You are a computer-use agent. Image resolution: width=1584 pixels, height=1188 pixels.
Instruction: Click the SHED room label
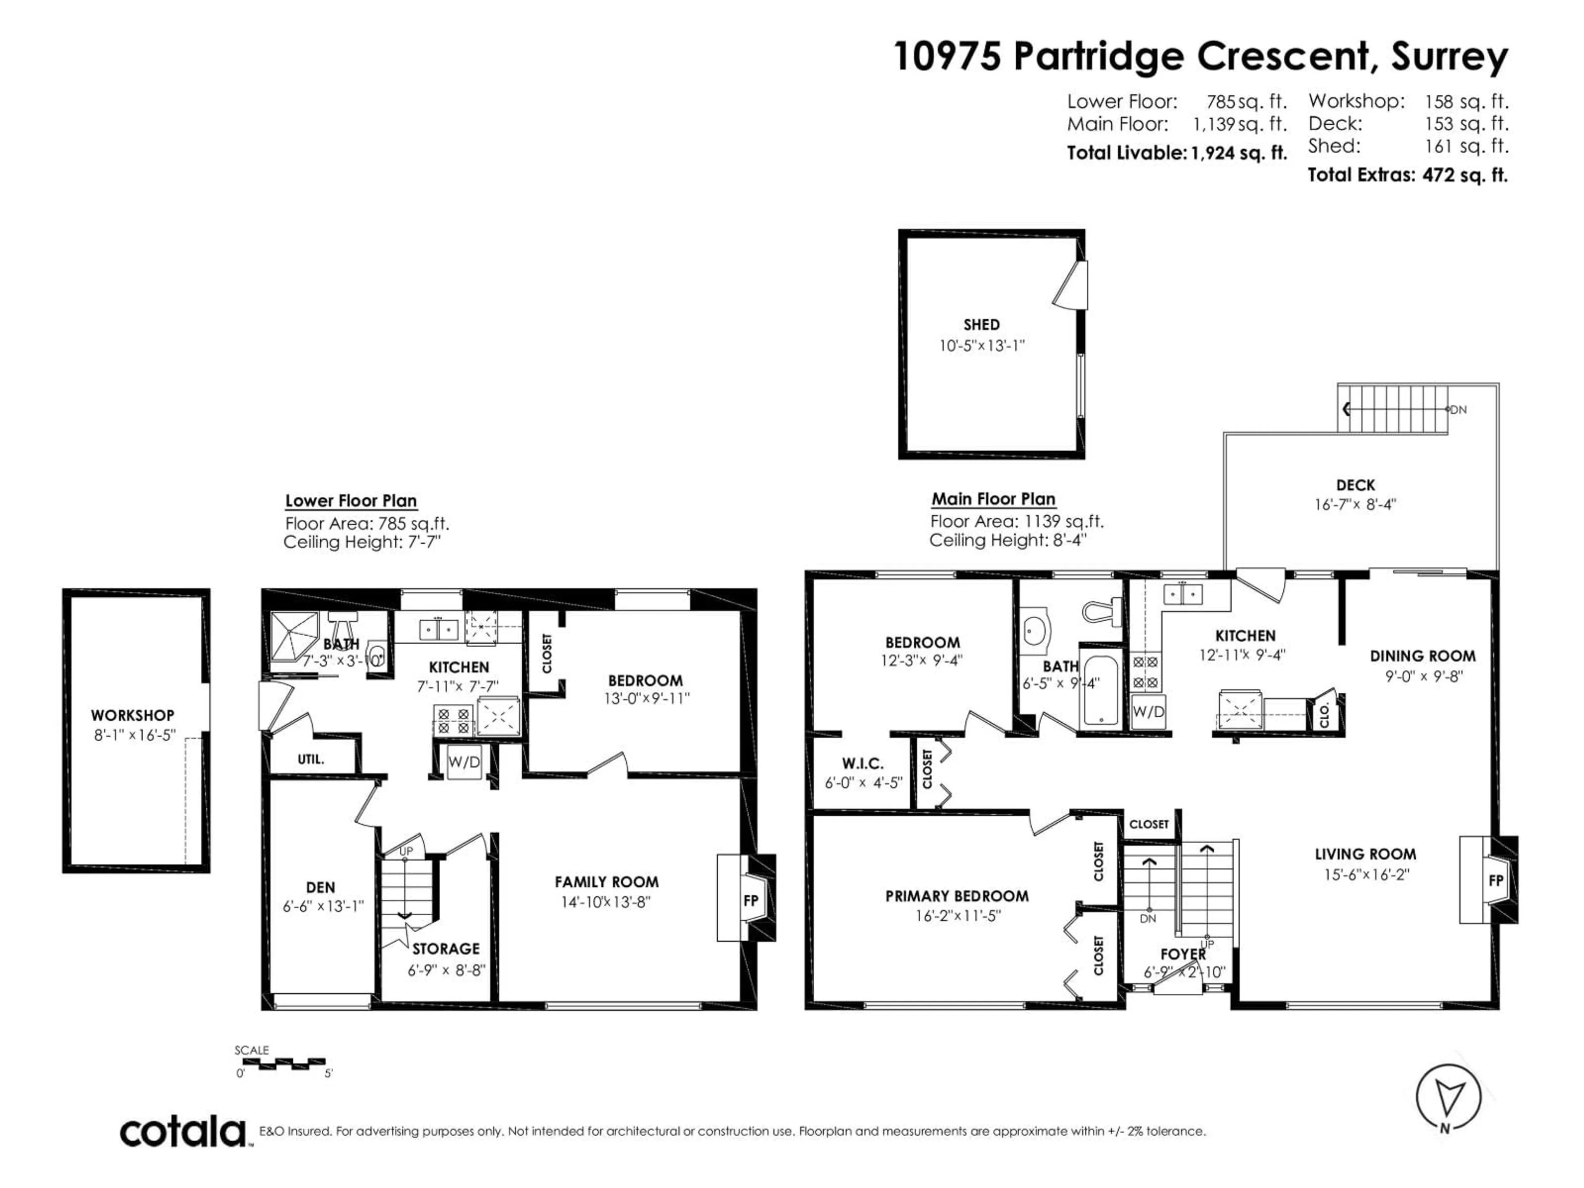pyautogui.click(x=981, y=324)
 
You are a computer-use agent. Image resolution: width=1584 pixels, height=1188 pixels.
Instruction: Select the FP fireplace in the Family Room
pyautogui.click(x=750, y=900)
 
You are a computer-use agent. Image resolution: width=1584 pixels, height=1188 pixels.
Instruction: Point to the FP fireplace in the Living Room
pyautogui.click(x=1495, y=880)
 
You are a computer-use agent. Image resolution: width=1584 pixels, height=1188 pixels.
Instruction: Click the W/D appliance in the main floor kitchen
pyautogui.click(x=1148, y=712)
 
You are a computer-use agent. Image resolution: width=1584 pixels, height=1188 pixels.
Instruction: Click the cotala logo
pyautogui.click(x=183, y=1132)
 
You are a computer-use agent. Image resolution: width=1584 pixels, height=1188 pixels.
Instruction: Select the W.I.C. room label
pyautogui.click(x=862, y=764)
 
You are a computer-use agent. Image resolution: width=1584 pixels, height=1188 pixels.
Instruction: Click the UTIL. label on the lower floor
pyautogui.click(x=311, y=759)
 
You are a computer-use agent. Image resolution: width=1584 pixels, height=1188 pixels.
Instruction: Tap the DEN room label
pyautogui.click(x=320, y=887)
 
